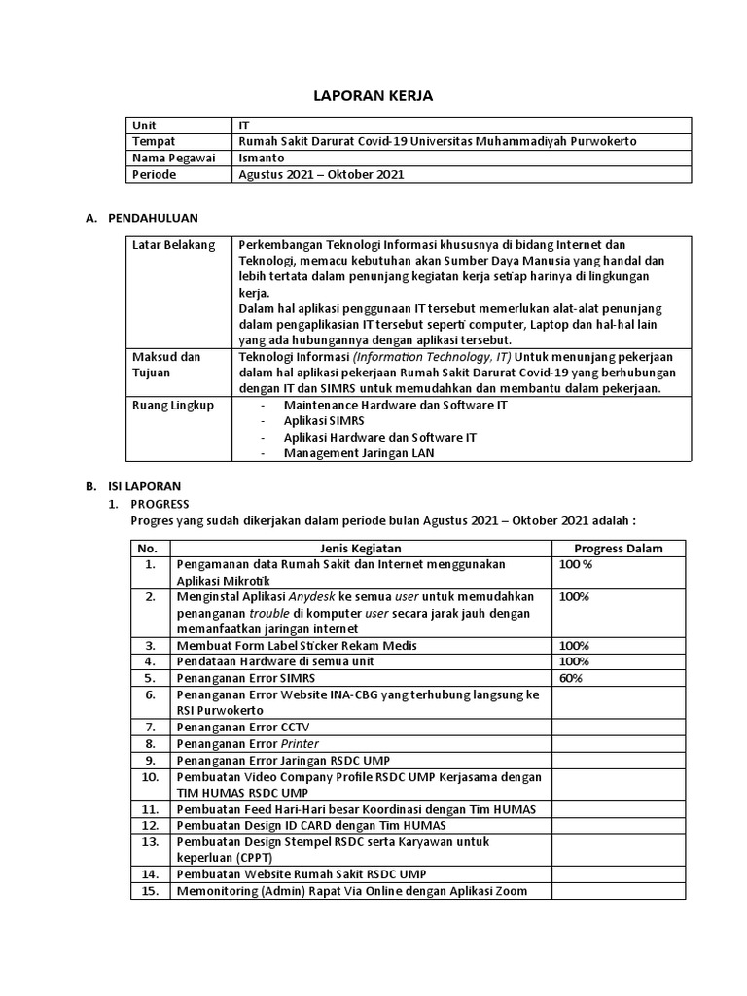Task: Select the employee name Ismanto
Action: (x=262, y=159)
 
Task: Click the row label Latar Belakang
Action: (x=173, y=245)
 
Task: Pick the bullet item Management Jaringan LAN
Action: (x=360, y=453)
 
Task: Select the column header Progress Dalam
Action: (x=619, y=549)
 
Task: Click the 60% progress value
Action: (x=572, y=678)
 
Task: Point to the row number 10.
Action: (x=150, y=777)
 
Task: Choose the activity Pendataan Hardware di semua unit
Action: (x=275, y=661)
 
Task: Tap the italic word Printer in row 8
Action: (x=300, y=743)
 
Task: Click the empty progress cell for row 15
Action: (x=618, y=891)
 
